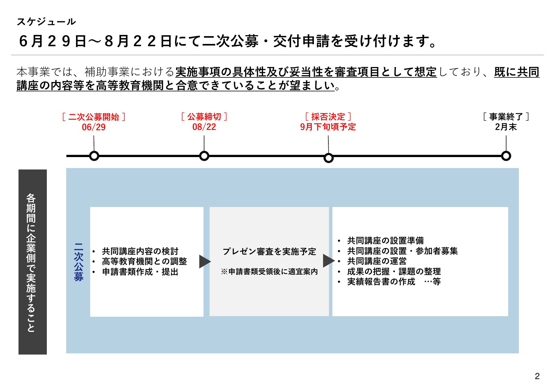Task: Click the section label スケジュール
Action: click(46, 22)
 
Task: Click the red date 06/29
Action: click(94, 127)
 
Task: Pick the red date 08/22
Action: click(204, 127)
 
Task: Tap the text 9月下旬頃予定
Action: click(328, 127)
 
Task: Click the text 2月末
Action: click(506, 127)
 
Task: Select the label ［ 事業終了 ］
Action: click(506, 117)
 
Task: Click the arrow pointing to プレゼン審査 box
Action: click(205, 262)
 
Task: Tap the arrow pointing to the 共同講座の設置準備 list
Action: click(329, 261)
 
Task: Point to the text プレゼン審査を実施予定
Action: click(269, 251)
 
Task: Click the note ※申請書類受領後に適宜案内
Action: click(269, 272)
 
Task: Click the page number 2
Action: click(537, 376)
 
